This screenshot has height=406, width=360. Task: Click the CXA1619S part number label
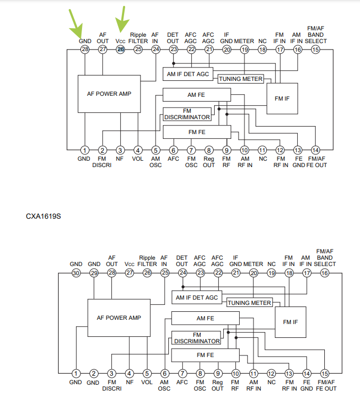[x=44, y=217]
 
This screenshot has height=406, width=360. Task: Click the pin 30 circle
[x=76, y=273]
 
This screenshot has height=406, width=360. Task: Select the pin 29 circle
[x=94, y=273]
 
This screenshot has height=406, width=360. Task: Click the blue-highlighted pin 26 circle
[x=120, y=49]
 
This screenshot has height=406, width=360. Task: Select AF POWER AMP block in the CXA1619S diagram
[x=119, y=317]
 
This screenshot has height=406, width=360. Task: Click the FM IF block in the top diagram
[x=282, y=98]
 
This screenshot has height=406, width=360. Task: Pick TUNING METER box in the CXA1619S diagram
[x=249, y=303]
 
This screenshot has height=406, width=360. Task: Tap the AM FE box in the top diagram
[x=197, y=95]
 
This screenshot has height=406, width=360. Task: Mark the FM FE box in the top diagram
[x=197, y=131]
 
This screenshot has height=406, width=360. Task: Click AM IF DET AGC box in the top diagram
[x=188, y=74]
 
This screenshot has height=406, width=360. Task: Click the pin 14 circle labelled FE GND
[x=307, y=374]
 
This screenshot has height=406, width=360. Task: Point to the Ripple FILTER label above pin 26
[x=147, y=260]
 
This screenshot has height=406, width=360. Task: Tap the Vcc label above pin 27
[x=129, y=264]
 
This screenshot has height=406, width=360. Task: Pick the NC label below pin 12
[x=272, y=382]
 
